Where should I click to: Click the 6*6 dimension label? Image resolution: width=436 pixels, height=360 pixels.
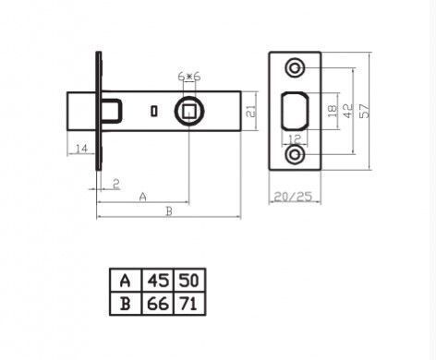(189, 77)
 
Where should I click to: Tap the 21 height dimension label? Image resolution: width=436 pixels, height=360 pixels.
(251, 111)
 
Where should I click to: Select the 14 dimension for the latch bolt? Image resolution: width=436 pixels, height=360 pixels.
(81, 149)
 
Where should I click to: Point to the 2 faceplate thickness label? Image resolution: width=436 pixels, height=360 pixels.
(115, 184)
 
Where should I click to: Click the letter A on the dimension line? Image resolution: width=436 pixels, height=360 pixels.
(142, 197)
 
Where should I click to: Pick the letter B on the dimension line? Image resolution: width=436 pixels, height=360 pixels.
(169, 211)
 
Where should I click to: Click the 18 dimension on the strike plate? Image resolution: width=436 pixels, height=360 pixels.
(332, 111)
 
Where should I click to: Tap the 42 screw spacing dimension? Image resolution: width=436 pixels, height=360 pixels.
(347, 111)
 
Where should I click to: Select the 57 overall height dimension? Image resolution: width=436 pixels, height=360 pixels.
(363, 111)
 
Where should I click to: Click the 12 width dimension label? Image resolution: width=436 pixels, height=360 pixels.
(295, 139)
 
